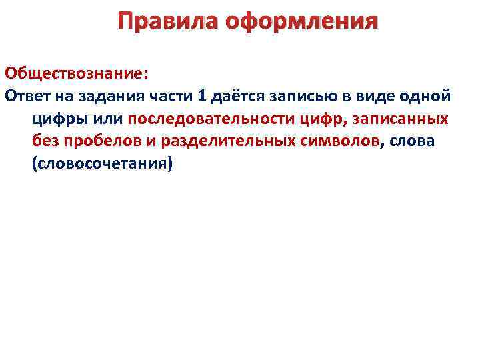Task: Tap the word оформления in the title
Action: (x=302, y=22)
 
